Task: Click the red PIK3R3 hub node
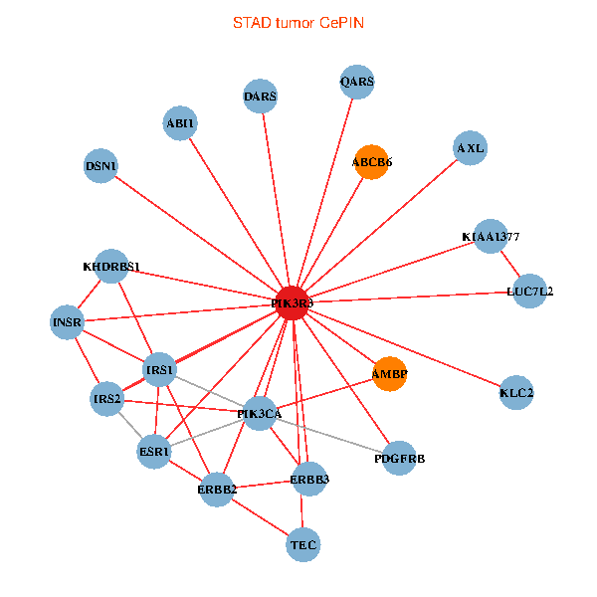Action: tap(292, 302)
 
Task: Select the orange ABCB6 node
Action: tap(370, 161)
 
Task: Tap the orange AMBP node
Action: tap(389, 374)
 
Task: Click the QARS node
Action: tap(356, 82)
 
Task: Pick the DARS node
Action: tap(261, 97)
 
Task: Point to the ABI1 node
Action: tap(181, 123)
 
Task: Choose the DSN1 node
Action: tap(101, 166)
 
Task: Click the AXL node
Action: tap(470, 148)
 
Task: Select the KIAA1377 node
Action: tap(490, 237)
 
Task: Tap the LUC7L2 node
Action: tap(530, 292)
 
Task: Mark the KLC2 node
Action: tap(516, 393)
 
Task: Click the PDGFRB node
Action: tap(399, 458)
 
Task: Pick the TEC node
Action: tap(303, 544)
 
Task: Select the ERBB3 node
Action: tap(308, 480)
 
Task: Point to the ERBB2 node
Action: tap(217, 489)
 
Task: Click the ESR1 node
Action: tap(154, 451)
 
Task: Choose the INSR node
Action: tap(67, 322)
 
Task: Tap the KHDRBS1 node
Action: tap(111, 267)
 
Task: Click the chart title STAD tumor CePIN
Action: tap(298, 22)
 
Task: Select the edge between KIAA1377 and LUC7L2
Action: tap(510, 265)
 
